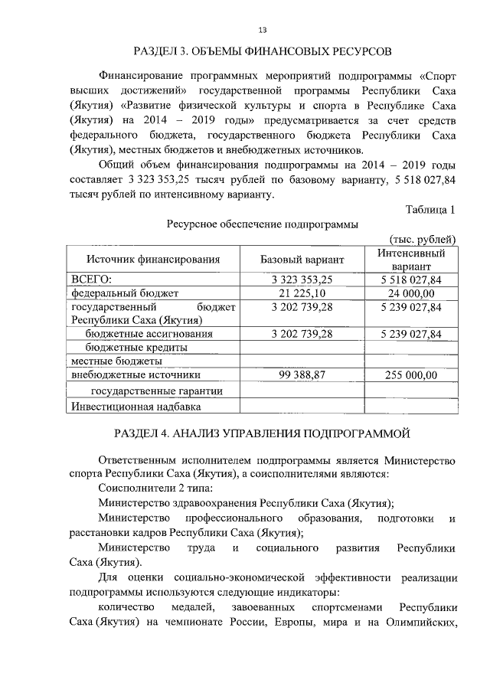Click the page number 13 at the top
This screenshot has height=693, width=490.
coord(263,30)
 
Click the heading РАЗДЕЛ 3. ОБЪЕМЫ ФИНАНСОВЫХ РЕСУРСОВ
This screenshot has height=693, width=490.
coord(263,52)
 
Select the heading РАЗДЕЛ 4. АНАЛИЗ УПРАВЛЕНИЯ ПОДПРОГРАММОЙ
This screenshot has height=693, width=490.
coord(263,434)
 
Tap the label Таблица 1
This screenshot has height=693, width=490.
coord(431,210)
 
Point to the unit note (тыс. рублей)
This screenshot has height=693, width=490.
coord(423,239)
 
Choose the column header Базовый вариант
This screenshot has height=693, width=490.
coord(302,260)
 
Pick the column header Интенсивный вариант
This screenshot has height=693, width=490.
coord(412,259)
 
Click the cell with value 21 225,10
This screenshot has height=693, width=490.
coord(302,293)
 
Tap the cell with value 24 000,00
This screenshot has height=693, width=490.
coord(411,293)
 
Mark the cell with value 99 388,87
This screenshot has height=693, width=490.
coord(302,375)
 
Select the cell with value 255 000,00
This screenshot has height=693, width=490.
coord(411,375)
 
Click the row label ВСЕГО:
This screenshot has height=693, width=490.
coord(91,279)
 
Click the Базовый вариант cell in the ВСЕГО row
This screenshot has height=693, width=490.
coord(302,279)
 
